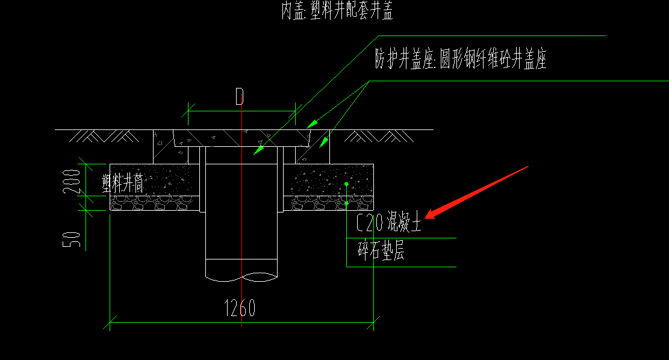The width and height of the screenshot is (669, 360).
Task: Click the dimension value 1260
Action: click(240, 308)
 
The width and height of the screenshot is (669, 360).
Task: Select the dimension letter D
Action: click(240, 97)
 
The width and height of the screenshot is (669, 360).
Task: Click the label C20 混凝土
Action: click(388, 224)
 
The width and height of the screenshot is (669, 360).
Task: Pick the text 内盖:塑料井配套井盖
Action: click(337, 11)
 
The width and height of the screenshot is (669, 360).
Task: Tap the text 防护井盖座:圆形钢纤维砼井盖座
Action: click(460, 60)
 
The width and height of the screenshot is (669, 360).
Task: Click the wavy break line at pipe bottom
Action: click(241, 276)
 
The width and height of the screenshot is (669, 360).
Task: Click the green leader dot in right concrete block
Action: click(346, 184)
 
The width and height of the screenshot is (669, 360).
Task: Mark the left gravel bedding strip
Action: click(154, 204)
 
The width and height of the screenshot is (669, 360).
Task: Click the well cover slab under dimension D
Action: click(241, 138)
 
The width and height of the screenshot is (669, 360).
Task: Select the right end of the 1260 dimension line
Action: click(374, 322)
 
